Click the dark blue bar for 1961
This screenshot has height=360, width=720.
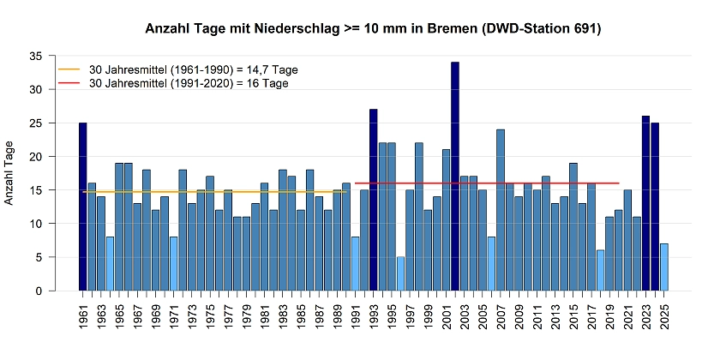coord(83,207)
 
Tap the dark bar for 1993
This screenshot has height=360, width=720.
coord(374,200)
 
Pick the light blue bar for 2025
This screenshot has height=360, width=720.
coord(664,267)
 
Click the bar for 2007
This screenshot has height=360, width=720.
coord(501,210)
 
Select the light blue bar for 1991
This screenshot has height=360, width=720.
coord(355,263)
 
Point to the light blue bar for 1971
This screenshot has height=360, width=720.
coord(174,263)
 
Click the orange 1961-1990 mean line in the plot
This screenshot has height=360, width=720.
coord(214,192)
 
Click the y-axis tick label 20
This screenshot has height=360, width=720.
coord(36,156)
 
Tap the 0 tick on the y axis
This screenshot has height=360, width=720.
coord(39,291)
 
